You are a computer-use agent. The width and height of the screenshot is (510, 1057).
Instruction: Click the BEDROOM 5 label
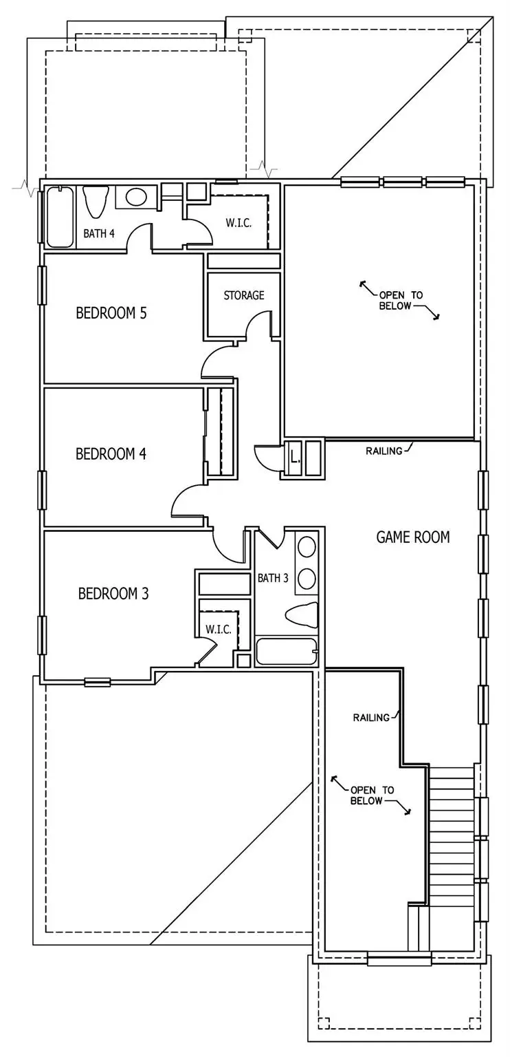[x=111, y=313]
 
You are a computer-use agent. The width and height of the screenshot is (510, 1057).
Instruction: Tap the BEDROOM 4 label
[x=111, y=453]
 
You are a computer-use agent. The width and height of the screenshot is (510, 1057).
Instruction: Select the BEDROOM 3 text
[x=113, y=593]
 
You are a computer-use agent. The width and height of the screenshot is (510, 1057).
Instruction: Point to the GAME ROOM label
[x=413, y=537]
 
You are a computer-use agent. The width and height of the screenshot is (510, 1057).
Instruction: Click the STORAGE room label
[x=243, y=295]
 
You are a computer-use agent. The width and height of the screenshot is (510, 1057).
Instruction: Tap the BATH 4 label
[x=99, y=233]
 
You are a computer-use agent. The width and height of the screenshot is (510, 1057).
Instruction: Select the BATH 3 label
[x=273, y=578]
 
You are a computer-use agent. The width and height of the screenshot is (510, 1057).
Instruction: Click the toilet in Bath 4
[x=96, y=200]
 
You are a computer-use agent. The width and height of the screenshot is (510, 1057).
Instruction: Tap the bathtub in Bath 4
[x=59, y=216]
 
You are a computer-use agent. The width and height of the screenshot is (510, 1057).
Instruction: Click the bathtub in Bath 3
[x=286, y=652]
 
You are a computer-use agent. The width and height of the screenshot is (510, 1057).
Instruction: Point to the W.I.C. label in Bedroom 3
[x=218, y=629]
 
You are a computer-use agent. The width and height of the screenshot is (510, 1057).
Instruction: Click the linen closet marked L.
[x=296, y=456]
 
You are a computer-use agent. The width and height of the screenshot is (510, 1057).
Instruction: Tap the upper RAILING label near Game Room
[x=384, y=451]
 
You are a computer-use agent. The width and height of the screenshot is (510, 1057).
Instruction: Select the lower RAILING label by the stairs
[x=371, y=717]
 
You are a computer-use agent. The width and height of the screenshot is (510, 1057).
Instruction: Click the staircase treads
[x=451, y=833]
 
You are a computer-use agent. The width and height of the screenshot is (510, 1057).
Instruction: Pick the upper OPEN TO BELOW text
[x=401, y=300]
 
